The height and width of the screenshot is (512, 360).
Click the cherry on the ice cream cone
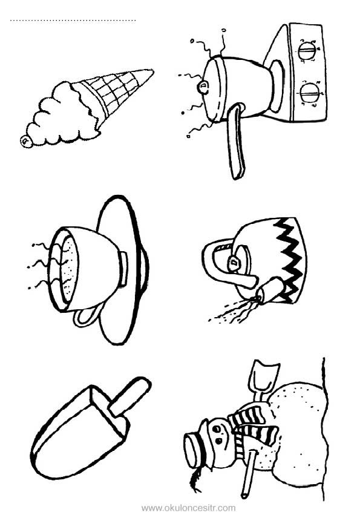click(25, 142)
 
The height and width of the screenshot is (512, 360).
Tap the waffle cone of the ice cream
click(113, 93)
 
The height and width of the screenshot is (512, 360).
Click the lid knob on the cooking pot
click(203, 88)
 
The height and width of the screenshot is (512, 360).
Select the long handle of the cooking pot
click(236, 140)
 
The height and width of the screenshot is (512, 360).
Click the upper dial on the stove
click(307, 51)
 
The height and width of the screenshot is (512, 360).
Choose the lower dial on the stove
click(309, 93)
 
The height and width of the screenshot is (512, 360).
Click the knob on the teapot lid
click(234, 263)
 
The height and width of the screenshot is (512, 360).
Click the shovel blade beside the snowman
click(264, 375)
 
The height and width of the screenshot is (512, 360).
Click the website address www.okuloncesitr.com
click(188, 508)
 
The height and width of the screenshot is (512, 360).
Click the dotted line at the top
click(73, 21)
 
